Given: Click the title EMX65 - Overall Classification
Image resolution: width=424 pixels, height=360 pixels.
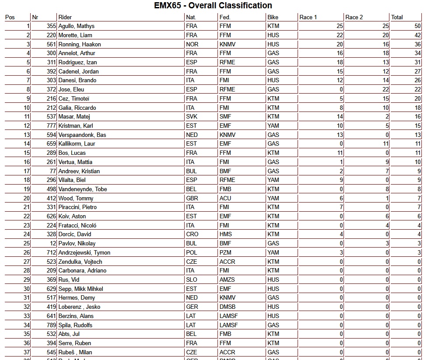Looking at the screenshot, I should point(213,6).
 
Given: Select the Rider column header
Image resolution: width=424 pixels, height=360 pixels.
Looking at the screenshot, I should point(65,17).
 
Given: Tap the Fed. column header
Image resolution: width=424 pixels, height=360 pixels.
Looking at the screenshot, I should point(225,17).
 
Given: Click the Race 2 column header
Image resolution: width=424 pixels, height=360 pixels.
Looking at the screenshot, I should point(354,17).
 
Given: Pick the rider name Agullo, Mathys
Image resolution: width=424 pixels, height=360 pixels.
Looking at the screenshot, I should point(77,26).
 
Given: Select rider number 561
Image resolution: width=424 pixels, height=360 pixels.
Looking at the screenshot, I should point(51,44).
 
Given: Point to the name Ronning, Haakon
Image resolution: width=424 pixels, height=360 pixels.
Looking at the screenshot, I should point(80,44).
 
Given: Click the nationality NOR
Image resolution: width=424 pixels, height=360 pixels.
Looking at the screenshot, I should point(192,44).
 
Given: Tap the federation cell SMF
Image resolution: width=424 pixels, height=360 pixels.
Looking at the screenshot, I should point(226,117).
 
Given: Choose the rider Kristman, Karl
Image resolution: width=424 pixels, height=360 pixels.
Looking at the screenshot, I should point(76,126).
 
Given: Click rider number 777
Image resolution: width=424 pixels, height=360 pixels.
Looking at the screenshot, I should point(51,126).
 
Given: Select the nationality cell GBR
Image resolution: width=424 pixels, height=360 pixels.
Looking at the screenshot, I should point(192,198).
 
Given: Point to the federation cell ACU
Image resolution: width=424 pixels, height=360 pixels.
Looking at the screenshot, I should point(225,198).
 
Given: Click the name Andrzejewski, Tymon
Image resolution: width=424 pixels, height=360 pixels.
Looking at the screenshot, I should point(84,253).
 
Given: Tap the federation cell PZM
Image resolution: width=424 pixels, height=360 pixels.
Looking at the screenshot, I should point(226,253).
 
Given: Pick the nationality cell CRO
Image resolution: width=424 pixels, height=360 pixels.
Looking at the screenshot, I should point(192,234).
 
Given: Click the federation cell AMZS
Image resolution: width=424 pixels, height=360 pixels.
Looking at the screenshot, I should point(227,280).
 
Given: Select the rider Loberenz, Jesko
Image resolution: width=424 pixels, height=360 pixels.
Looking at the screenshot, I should point(79,307).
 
